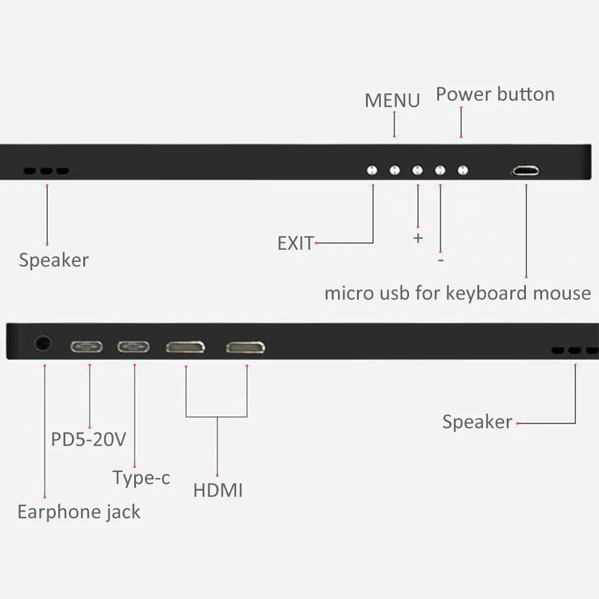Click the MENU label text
[392, 100]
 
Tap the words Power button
[495, 94]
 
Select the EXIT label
[295, 243]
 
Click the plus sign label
[418, 238]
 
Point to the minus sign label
[441, 261]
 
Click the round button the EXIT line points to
[372, 170]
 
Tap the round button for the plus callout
[418, 170]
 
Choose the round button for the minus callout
[440, 170]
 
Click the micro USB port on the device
[525, 171]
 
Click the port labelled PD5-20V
[87, 347]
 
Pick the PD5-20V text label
[88, 440]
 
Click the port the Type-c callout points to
[133, 347]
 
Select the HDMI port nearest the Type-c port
[185, 347]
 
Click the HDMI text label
[218, 491]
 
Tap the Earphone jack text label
[79, 512]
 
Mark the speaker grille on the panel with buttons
[46, 171]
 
